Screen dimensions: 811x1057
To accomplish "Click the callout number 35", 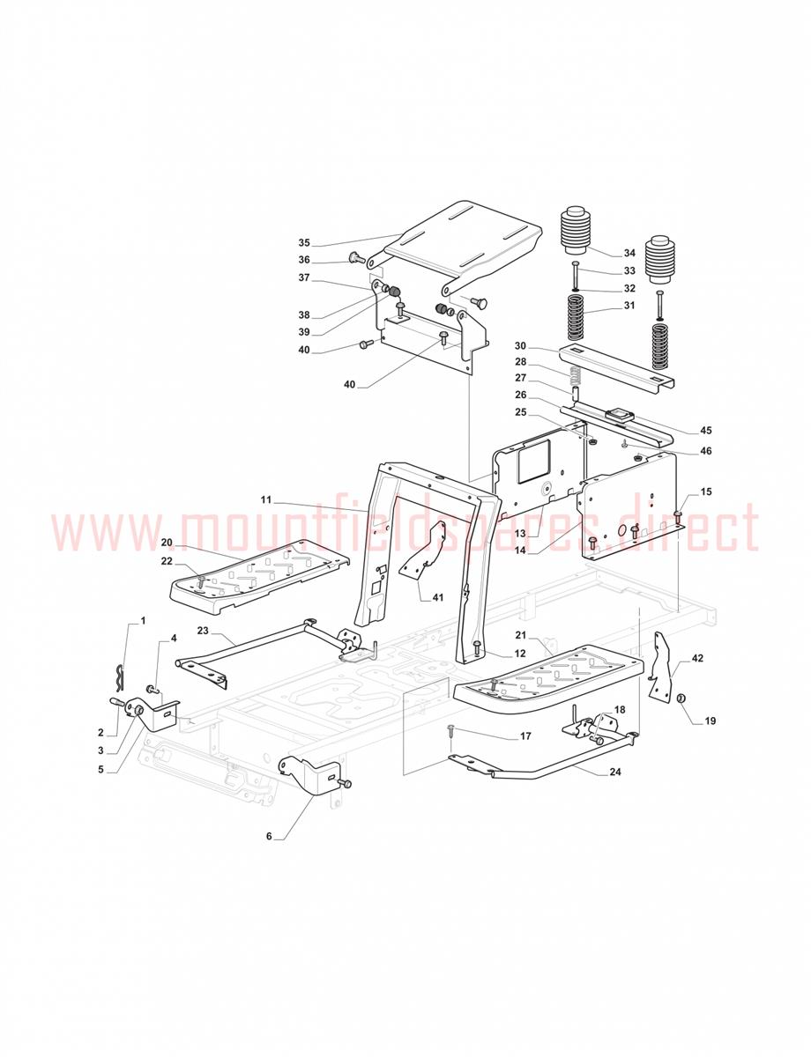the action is click(304, 243).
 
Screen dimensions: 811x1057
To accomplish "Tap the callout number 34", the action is click(629, 253).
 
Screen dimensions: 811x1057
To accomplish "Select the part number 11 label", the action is click(266, 499).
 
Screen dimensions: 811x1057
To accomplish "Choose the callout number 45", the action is click(705, 430).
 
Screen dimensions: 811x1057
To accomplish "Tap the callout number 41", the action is click(438, 597).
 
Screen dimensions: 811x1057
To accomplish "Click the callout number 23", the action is click(203, 631).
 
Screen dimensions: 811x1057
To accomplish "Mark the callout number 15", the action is click(706, 492).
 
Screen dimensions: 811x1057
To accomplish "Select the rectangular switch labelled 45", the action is click(619, 415).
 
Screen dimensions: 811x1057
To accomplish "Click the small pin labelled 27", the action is click(576, 393).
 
